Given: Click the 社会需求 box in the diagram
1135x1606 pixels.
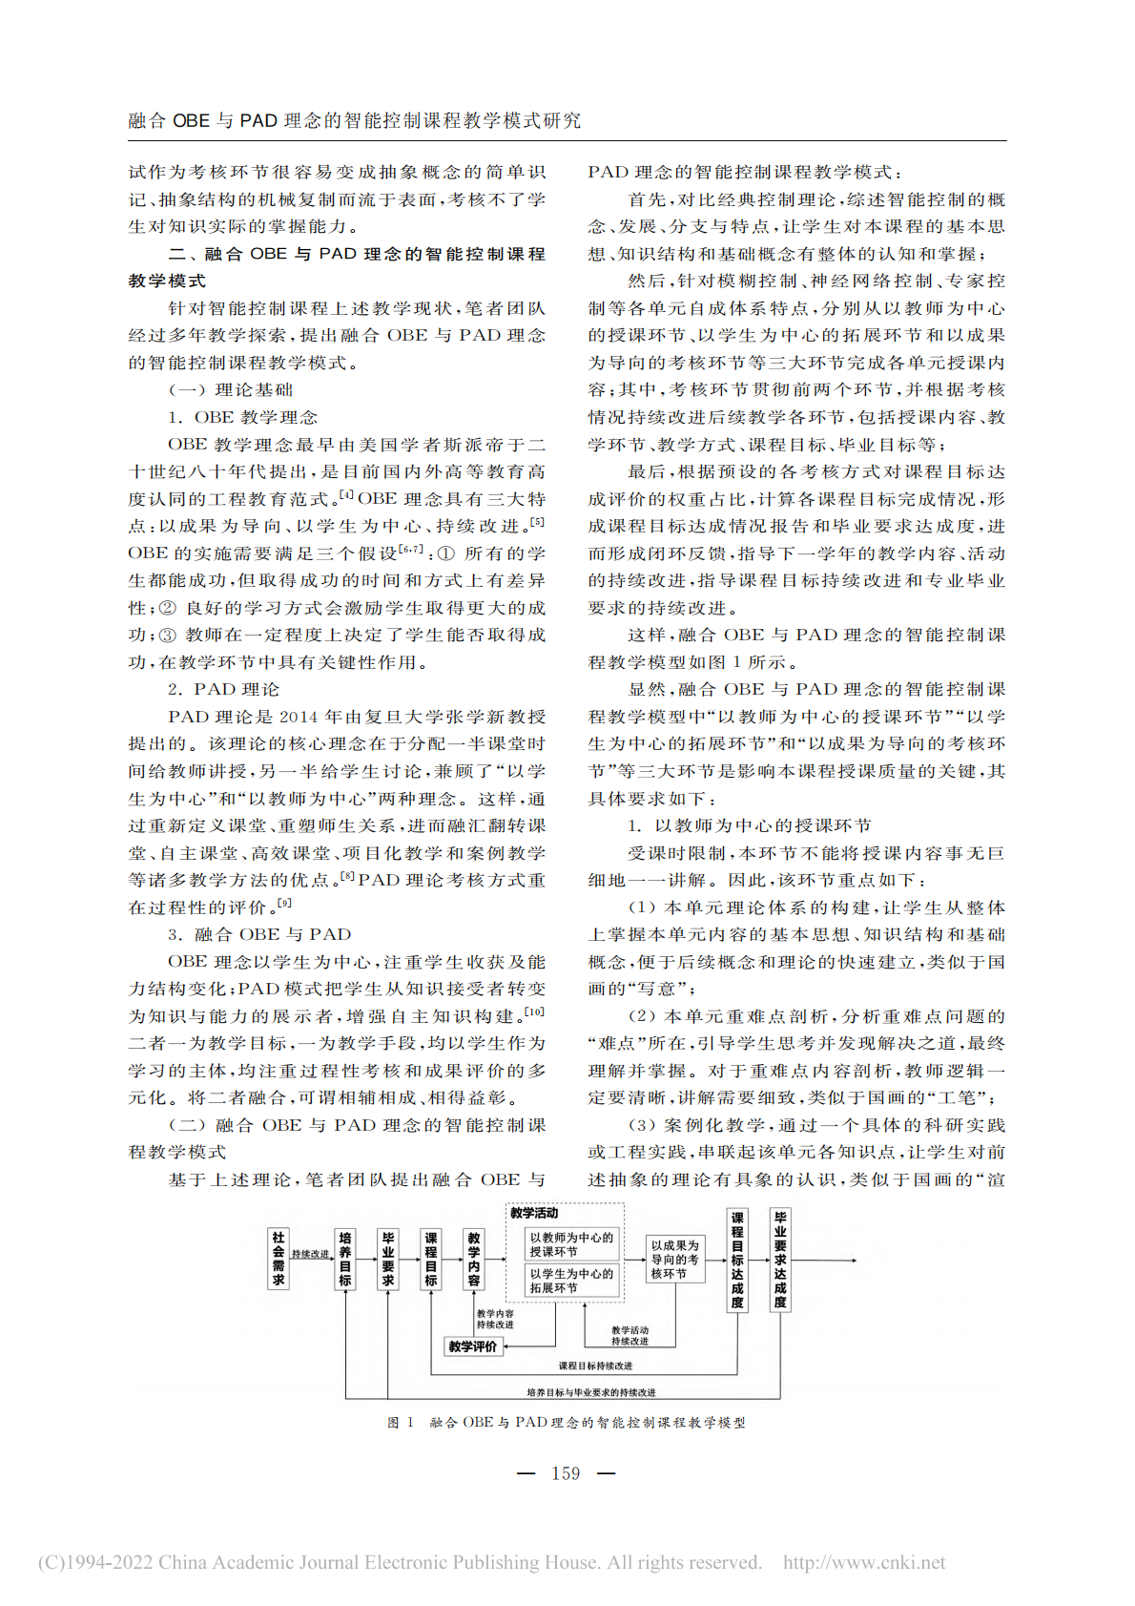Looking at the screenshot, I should pyautogui.click(x=278, y=1259).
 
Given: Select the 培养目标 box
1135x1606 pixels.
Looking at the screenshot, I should pyautogui.click(x=345, y=1260).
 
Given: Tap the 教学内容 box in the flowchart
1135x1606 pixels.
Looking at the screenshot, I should pyautogui.click(x=474, y=1260).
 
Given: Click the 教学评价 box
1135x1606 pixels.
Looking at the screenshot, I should pyautogui.click(x=473, y=1346).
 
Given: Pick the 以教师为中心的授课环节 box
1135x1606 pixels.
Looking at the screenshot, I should pyautogui.click(x=572, y=1244).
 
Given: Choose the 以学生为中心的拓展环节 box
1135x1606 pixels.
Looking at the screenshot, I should pyautogui.click(x=572, y=1281).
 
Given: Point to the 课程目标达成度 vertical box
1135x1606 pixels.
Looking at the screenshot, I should pyautogui.click(x=737, y=1260).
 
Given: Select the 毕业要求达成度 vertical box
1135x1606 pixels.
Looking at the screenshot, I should pyautogui.click(x=780, y=1260).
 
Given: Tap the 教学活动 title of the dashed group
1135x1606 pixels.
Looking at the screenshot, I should pyautogui.click(x=534, y=1213).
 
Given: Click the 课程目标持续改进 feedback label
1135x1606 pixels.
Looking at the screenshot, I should pyautogui.click(x=595, y=1366).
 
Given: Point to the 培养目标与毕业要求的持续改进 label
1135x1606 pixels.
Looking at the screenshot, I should pyautogui.click(x=591, y=1392).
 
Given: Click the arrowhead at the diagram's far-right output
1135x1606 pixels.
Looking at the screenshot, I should pyautogui.click(x=854, y=1260).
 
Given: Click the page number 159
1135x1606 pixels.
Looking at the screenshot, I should pyautogui.click(x=566, y=1473).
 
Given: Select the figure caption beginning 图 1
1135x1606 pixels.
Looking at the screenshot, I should pyautogui.click(x=567, y=1422).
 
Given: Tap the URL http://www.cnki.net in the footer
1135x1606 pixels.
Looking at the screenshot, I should pyautogui.click(x=864, y=1562).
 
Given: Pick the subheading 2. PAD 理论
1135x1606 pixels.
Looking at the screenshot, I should pyautogui.click(x=224, y=689).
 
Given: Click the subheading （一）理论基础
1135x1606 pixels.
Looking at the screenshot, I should pyautogui.click(x=231, y=389).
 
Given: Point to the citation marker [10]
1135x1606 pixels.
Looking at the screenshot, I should pyautogui.click(x=535, y=1012).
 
